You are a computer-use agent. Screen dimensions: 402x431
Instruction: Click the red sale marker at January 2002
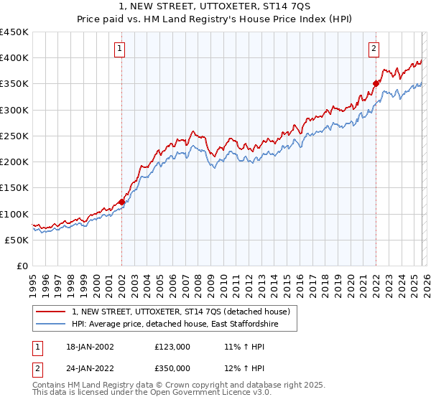click(121, 202)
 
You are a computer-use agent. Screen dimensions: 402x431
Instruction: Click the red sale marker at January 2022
click(376, 83)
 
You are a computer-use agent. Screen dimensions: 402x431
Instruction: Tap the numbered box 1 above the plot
click(119, 49)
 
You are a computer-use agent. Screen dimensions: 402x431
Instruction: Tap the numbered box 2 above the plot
click(374, 49)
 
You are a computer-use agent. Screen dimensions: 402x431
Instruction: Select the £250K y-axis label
click(14, 136)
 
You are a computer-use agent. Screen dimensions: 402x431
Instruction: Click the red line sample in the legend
click(52, 312)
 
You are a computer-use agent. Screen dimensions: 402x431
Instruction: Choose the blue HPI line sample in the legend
click(52, 325)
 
